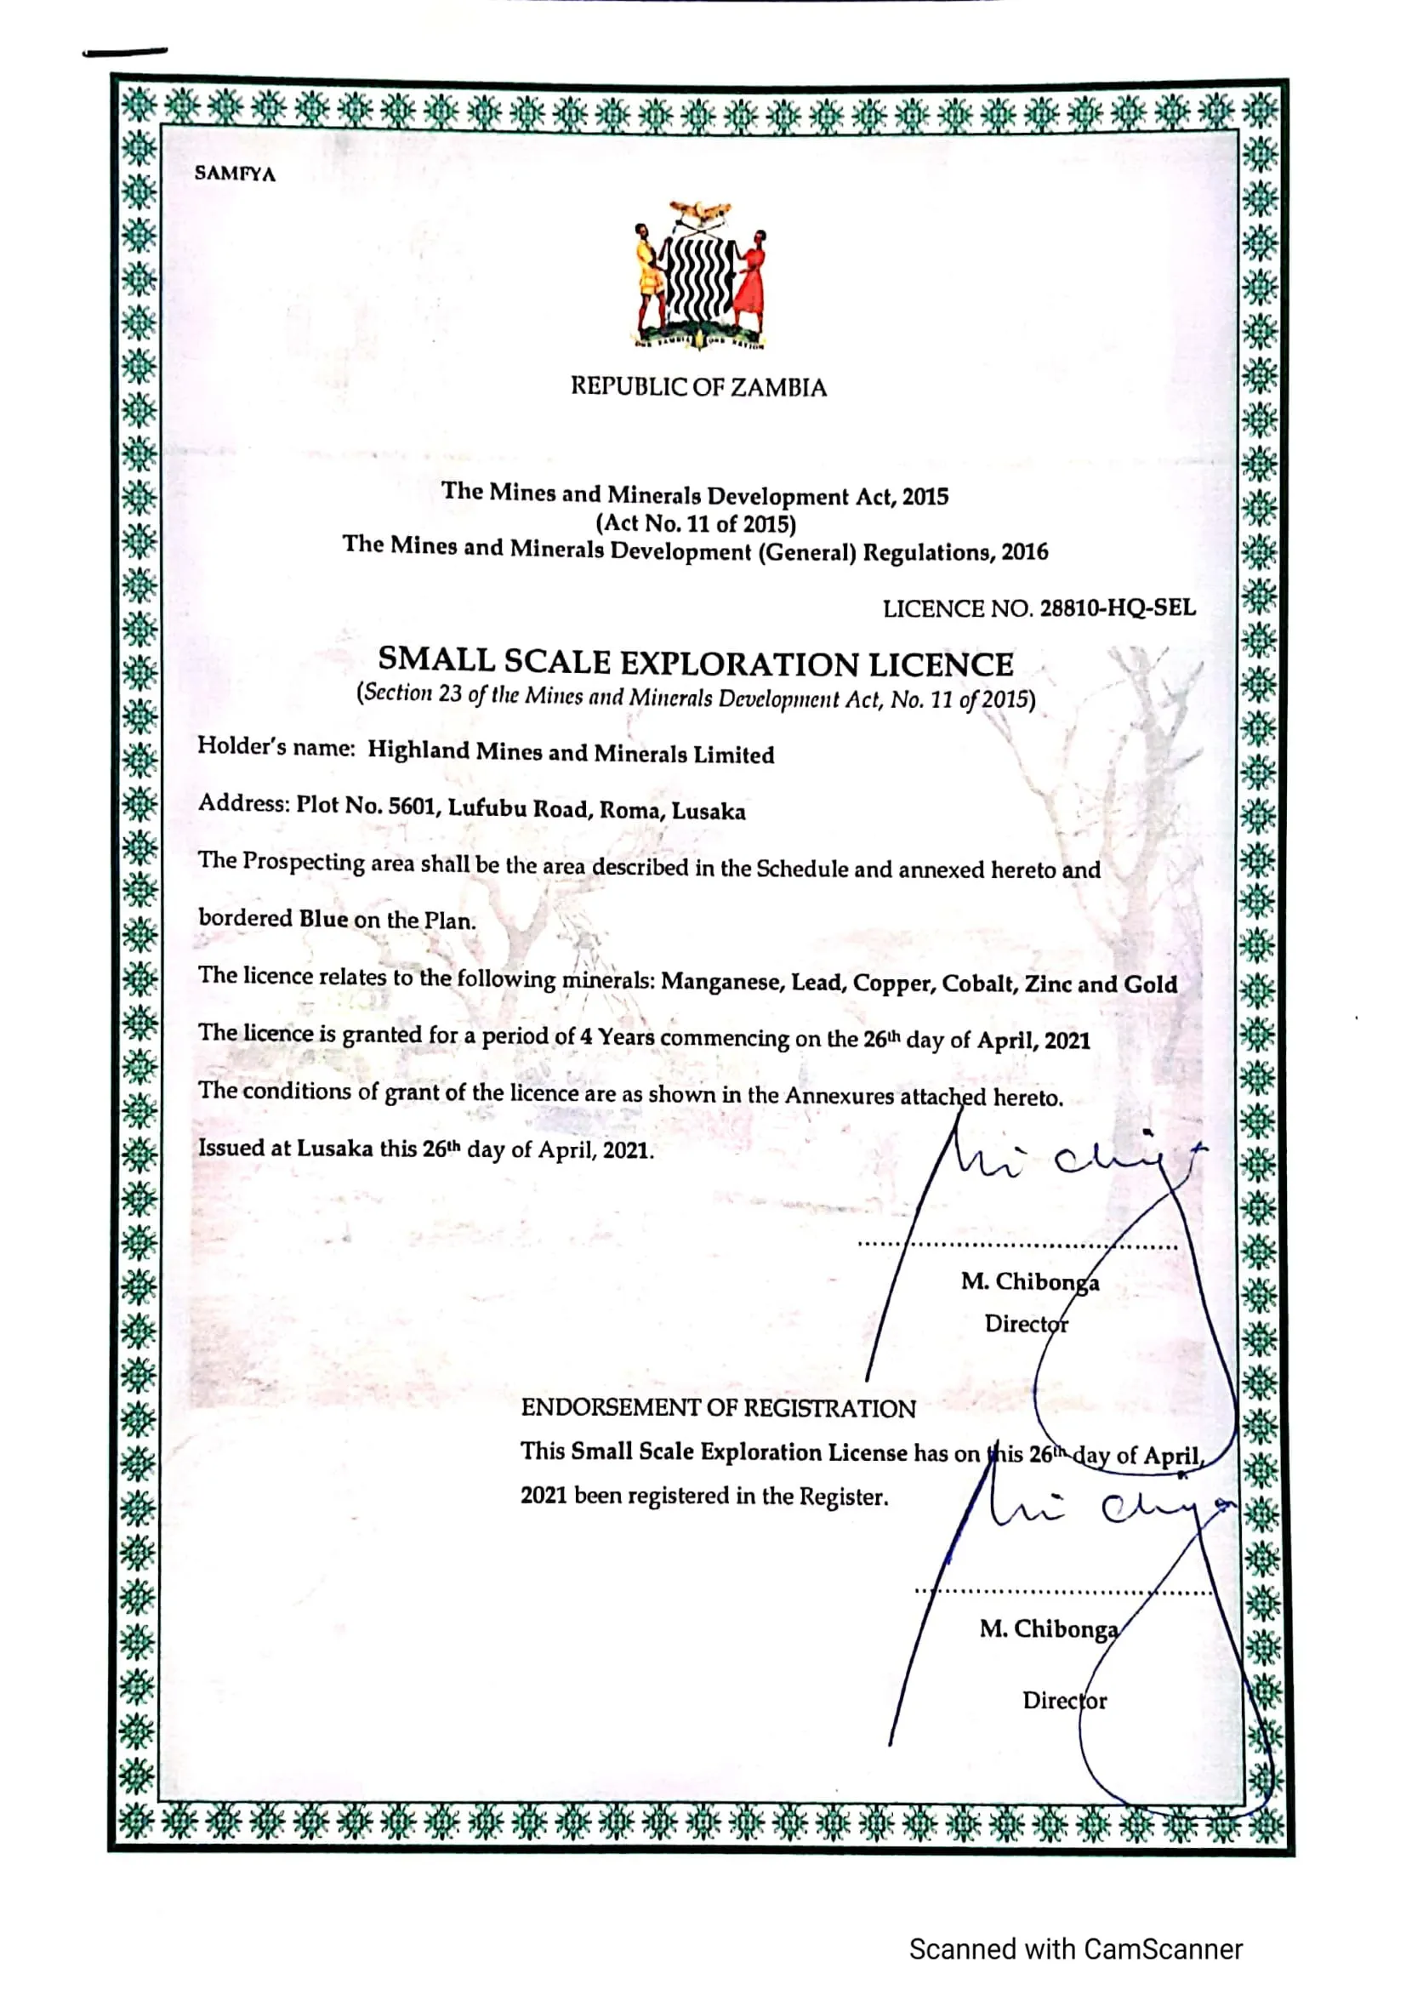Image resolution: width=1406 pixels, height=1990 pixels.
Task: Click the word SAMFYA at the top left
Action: click(235, 174)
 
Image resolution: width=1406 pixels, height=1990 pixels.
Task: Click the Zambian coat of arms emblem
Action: click(700, 276)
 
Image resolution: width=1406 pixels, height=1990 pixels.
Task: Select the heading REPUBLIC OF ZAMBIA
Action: click(698, 386)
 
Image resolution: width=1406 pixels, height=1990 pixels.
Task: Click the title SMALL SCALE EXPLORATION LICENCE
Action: click(696, 663)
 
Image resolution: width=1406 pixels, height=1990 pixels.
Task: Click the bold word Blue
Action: click(323, 919)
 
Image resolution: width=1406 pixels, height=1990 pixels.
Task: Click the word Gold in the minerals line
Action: click(1151, 984)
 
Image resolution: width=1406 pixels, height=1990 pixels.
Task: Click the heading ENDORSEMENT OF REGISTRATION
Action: click(718, 1408)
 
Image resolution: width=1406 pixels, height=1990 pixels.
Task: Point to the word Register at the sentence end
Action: click(843, 1497)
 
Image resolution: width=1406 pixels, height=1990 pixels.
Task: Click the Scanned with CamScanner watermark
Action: click(1075, 1948)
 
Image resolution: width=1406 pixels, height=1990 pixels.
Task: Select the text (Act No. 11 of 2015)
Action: click(696, 523)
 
